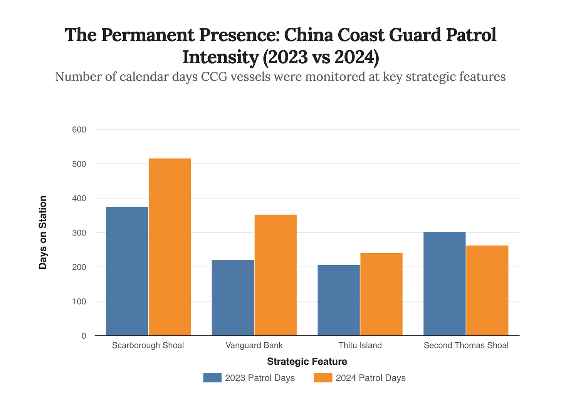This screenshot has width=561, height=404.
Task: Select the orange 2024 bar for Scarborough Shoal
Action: click(x=170, y=247)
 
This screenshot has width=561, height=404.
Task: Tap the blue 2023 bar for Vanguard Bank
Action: click(x=233, y=298)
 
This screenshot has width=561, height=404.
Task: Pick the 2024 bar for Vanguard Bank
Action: click(x=275, y=275)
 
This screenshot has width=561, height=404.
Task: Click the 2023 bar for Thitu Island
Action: click(x=339, y=300)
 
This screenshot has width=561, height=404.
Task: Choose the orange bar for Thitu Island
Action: click(x=381, y=294)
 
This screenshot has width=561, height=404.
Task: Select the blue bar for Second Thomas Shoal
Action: click(x=444, y=284)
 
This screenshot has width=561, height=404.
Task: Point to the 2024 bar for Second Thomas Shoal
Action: click(x=487, y=290)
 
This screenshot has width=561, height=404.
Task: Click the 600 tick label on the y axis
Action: click(x=79, y=130)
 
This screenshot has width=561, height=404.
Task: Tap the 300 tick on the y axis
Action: click(x=79, y=233)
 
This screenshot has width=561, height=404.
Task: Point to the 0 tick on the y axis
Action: click(x=84, y=336)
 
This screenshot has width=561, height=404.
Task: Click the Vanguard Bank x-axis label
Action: click(x=254, y=345)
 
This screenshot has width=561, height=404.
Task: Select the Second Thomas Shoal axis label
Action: click(x=466, y=345)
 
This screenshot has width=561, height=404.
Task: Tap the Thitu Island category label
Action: click(x=360, y=345)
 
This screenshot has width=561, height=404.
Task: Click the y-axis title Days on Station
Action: click(x=43, y=232)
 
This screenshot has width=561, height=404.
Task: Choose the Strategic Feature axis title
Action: click(x=307, y=362)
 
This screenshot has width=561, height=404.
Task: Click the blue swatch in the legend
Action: click(x=212, y=378)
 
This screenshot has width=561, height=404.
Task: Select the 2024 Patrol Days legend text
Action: click(x=370, y=378)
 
